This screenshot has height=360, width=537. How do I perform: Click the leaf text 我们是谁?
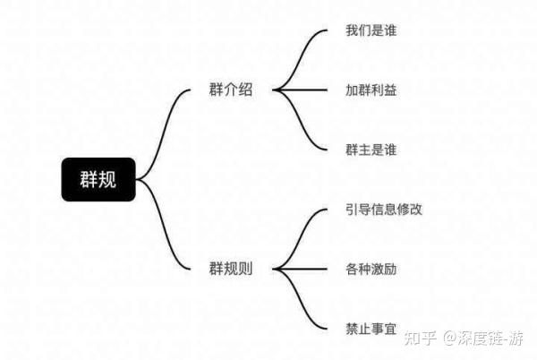371,31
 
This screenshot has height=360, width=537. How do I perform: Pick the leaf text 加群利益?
371,90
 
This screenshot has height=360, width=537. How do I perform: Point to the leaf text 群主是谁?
371,149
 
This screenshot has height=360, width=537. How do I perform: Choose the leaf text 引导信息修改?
383,209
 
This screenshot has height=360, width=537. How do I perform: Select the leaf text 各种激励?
371,268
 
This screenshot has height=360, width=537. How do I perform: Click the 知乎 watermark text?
422,339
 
